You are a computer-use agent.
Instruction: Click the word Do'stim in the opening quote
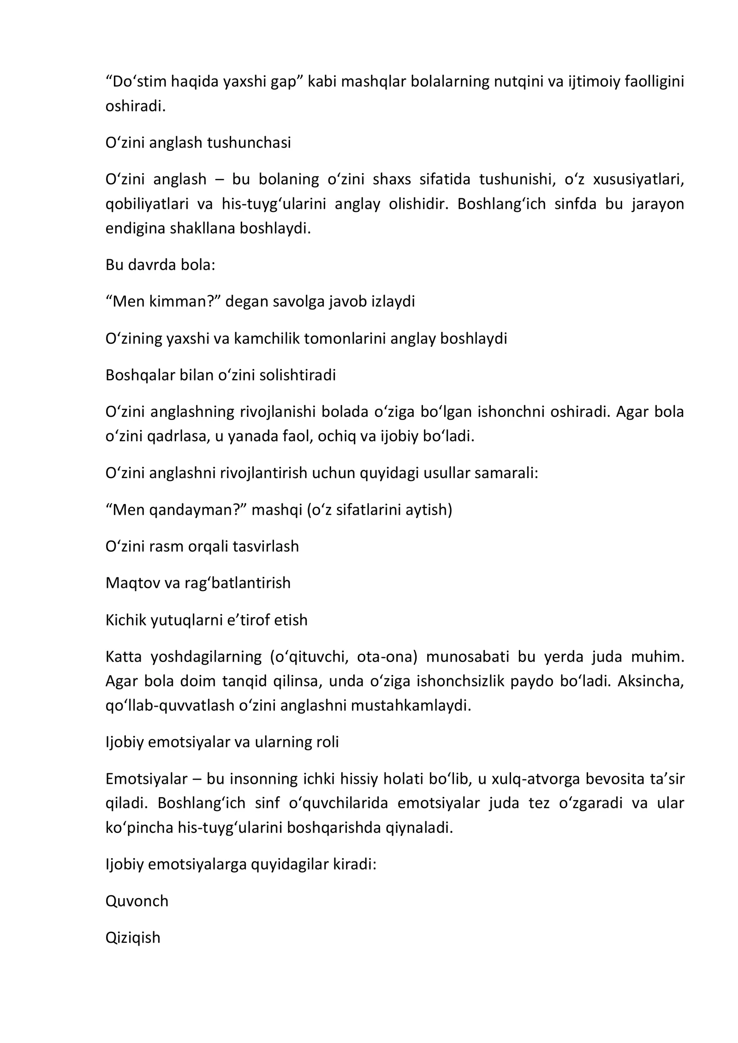136,82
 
